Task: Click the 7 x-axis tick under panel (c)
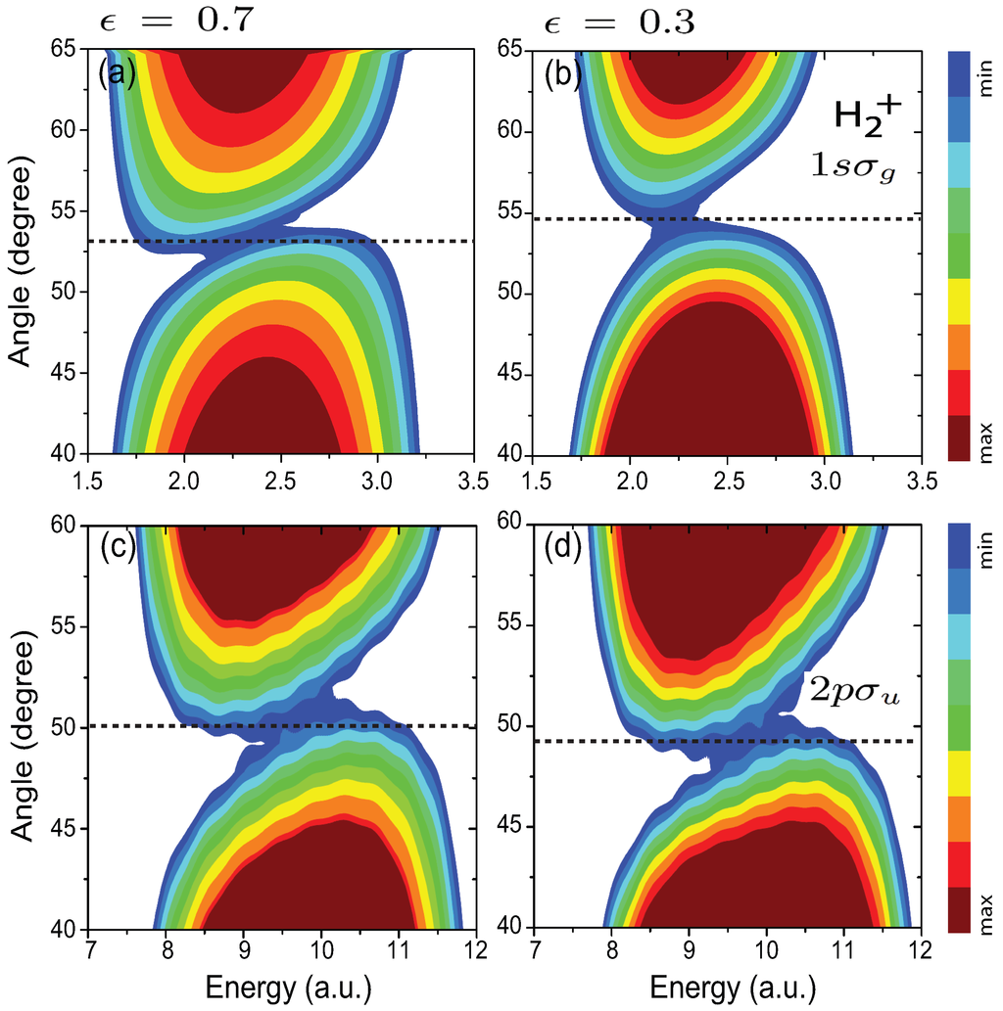tap(90, 953)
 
